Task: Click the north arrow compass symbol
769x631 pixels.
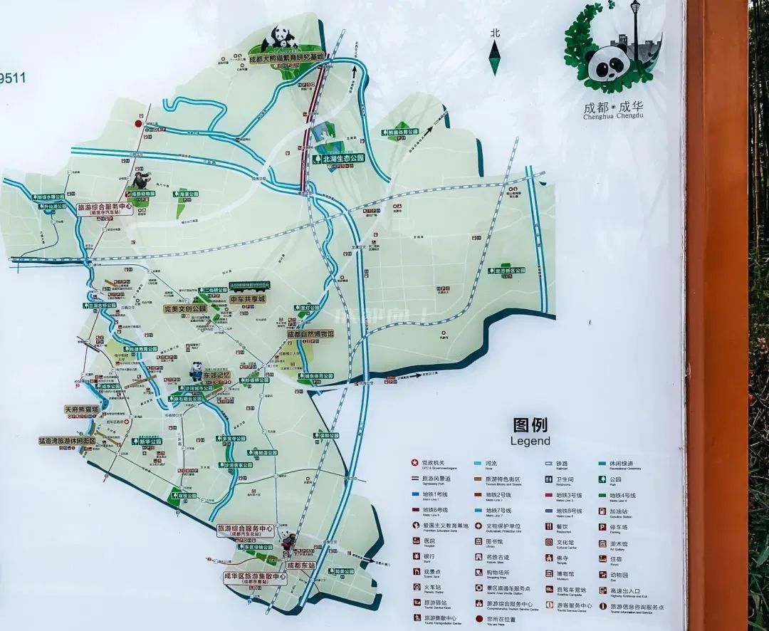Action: point(495,56)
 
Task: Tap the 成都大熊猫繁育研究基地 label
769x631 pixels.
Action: point(287,57)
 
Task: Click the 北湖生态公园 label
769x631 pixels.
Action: point(342,158)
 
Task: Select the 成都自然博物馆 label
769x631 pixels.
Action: point(310,333)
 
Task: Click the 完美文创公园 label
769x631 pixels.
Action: point(185,309)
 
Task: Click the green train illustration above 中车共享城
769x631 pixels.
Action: point(249,287)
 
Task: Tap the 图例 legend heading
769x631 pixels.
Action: point(530,425)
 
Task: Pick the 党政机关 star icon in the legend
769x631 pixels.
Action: point(416,463)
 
